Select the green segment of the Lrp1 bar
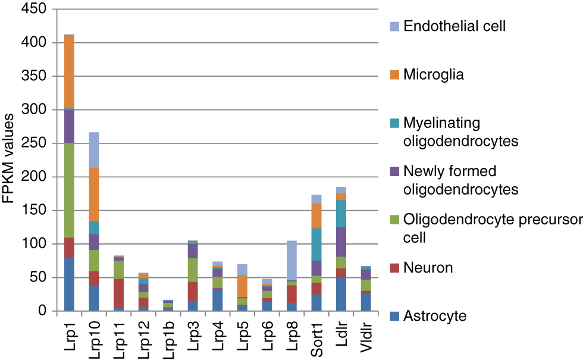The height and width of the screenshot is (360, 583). (70, 190)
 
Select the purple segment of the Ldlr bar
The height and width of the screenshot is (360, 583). (341, 242)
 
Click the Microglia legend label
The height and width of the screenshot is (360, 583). (433, 74)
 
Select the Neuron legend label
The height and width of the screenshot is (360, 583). (428, 268)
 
